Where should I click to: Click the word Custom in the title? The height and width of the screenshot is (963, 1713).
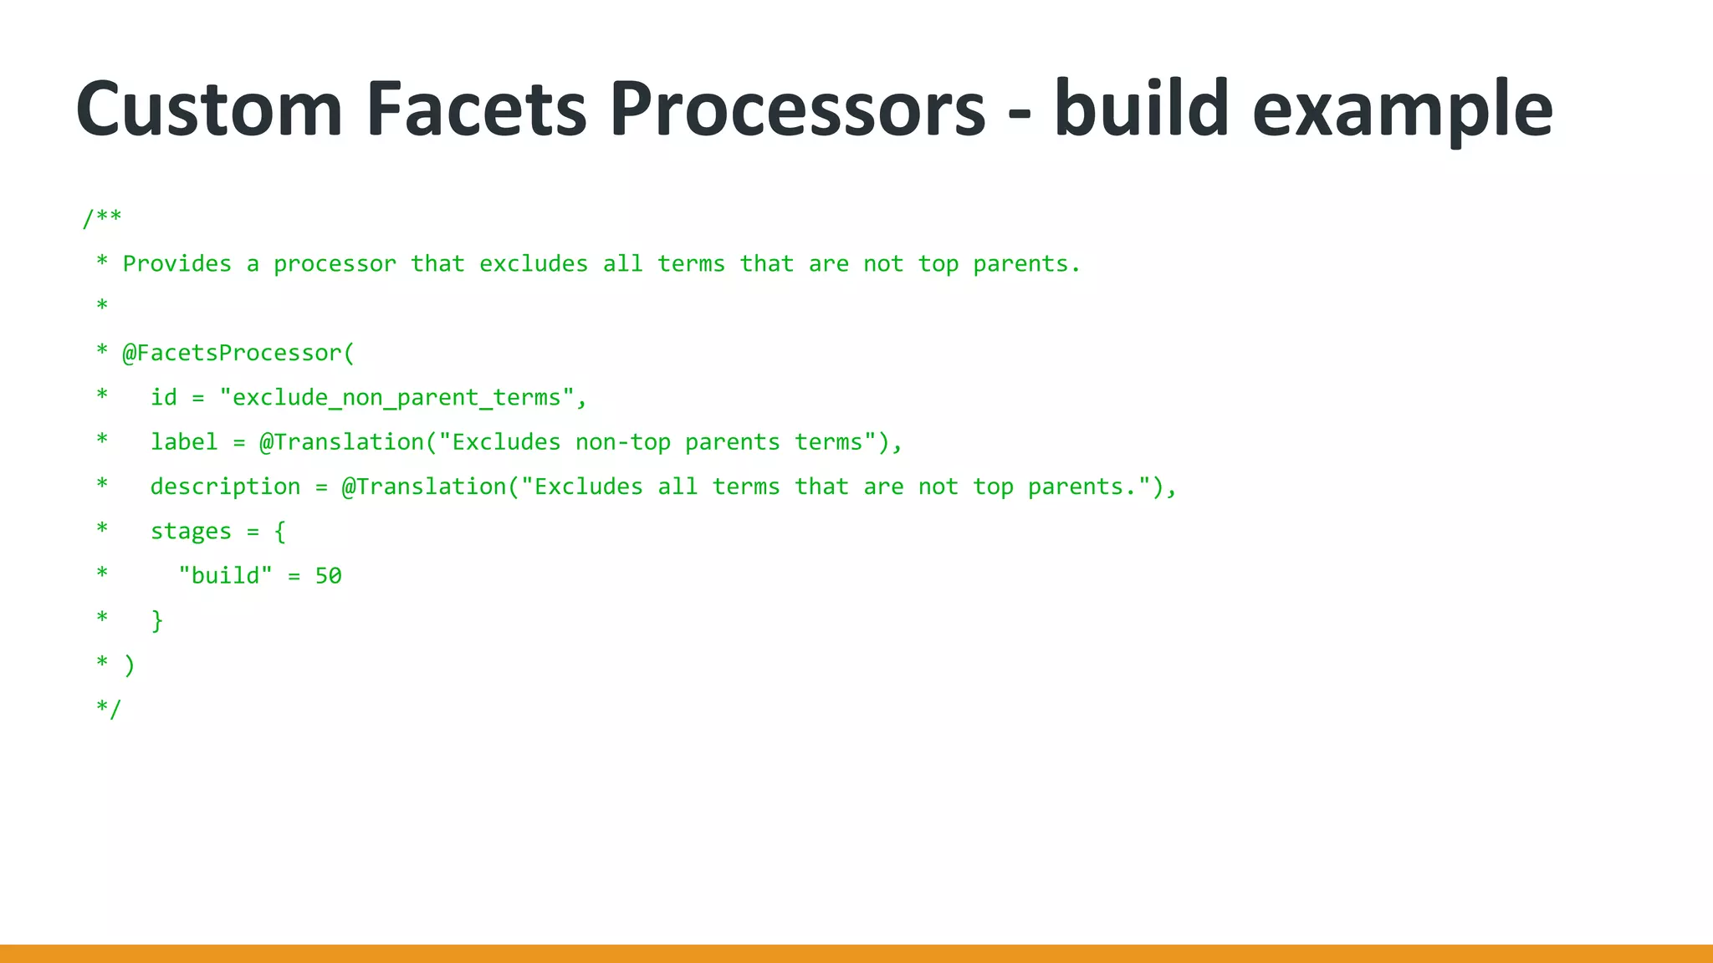click(209, 109)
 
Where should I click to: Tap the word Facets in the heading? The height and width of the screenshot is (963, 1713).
click(477, 109)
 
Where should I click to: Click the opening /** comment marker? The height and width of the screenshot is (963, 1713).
click(102, 218)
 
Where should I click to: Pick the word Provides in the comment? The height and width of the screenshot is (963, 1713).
click(177, 264)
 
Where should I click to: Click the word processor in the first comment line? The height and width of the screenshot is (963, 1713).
click(335, 264)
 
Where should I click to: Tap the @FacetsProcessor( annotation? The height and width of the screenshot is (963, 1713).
click(238, 353)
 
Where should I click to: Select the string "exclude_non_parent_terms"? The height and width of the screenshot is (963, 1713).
click(397, 398)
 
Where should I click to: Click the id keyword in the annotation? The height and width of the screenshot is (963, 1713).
click(164, 398)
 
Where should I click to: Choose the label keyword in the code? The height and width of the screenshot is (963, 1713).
click(184, 442)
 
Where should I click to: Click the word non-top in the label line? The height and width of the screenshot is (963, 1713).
click(622, 442)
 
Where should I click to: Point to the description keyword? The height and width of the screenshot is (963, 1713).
click(225, 487)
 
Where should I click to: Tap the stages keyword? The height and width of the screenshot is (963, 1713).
click(191, 532)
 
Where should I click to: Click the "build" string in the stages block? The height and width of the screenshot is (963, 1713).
click(225, 576)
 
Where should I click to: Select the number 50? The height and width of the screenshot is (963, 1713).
click(328, 576)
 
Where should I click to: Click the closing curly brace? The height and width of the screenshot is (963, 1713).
click(156, 621)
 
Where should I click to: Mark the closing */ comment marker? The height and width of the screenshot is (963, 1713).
click(109, 710)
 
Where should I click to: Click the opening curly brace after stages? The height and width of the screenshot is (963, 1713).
click(280, 532)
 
